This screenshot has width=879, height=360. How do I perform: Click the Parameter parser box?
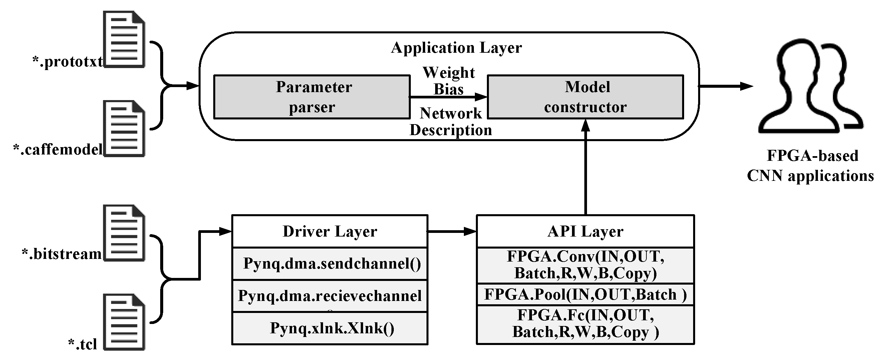coord(312,97)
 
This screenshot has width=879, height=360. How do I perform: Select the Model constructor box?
coord(585,97)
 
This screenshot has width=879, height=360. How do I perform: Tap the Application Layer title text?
coord(456,47)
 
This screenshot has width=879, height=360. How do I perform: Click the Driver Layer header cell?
coord(330,231)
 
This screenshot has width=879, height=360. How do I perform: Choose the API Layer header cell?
coord(585,231)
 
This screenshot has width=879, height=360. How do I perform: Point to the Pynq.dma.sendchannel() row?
coord(330,264)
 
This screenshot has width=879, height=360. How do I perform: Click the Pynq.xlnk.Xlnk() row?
coord(330,328)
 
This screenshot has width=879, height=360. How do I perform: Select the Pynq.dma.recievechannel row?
coord(330,296)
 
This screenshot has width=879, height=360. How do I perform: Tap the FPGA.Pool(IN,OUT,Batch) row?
coord(585,295)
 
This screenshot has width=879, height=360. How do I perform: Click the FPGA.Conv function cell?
coord(585,265)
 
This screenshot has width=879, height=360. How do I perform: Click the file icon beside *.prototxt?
coord(124,39)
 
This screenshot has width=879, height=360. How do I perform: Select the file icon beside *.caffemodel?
coord(124,129)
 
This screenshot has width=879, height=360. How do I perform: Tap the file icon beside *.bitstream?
coord(124,233)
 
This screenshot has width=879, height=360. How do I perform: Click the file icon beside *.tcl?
coord(124,322)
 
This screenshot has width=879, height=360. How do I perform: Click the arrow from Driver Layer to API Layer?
coord(452,232)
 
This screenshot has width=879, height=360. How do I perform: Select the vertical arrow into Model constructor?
coord(586,167)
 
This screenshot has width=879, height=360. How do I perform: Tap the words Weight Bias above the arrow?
coord(449,81)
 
